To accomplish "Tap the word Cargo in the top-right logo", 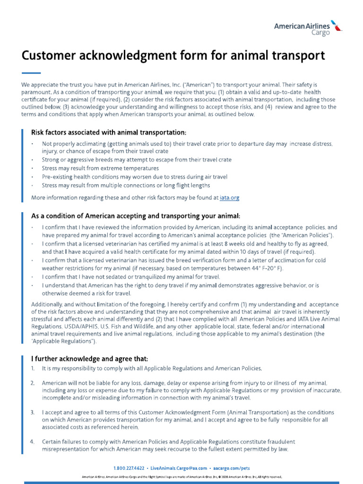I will [320, 33].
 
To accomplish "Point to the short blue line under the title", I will [31, 73].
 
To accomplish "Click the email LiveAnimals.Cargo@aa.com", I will [181, 468].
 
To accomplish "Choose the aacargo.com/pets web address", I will [232, 468].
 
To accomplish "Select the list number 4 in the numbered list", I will [32, 441].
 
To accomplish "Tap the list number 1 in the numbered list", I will [32, 368].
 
